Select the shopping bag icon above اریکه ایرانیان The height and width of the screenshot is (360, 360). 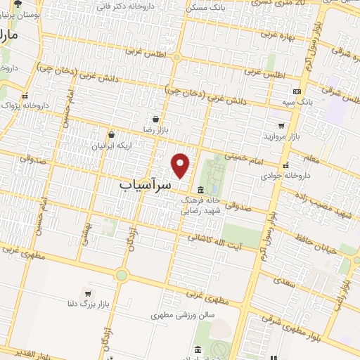tap(111, 134)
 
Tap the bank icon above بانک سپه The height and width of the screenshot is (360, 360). tap(297, 91)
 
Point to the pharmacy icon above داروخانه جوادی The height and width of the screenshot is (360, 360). tap(285, 166)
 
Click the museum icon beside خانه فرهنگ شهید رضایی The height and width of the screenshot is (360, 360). tap(201, 190)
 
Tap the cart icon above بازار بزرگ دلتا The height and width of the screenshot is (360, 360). tap(87, 292)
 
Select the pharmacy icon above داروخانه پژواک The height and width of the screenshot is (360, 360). tap(25, 95)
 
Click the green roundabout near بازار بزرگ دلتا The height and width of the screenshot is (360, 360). tap(121, 275)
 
